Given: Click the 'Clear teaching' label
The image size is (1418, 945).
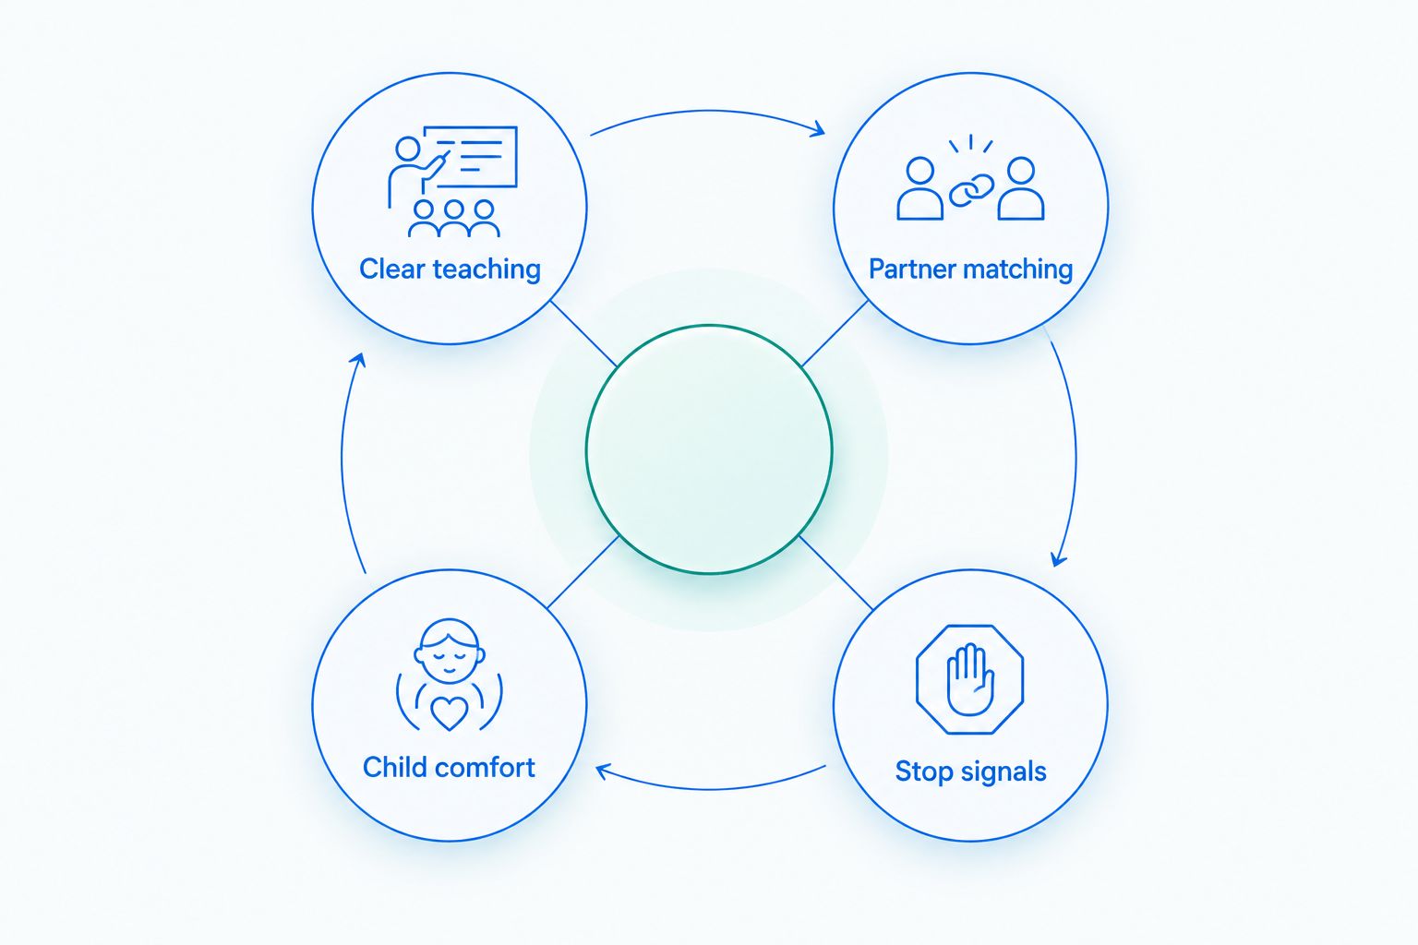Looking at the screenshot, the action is [x=451, y=269].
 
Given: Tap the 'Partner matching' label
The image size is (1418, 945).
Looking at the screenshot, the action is [x=970, y=269].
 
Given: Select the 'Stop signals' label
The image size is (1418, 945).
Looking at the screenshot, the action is [x=970, y=772].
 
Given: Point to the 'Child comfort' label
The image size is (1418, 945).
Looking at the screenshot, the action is [x=449, y=767].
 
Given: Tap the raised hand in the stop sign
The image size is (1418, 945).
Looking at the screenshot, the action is [x=970, y=680].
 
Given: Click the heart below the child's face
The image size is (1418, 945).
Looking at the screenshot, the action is [x=450, y=713].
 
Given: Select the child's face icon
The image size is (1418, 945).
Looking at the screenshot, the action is [x=450, y=651].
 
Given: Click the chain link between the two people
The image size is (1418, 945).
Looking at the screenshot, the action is [x=971, y=190].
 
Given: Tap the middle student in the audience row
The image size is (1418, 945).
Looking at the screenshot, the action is [x=454, y=219].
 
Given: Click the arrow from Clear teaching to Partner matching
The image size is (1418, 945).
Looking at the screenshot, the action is [x=708, y=112].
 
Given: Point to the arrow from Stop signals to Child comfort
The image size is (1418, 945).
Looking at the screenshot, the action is [x=709, y=789].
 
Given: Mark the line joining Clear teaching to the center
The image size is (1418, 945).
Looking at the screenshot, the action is [x=583, y=333].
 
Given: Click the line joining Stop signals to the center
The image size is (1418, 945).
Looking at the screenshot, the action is [x=836, y=573].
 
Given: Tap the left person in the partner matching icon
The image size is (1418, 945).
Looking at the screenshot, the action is [x=919, y=188].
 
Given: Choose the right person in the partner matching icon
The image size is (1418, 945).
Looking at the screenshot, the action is [x=1020, y=188].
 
